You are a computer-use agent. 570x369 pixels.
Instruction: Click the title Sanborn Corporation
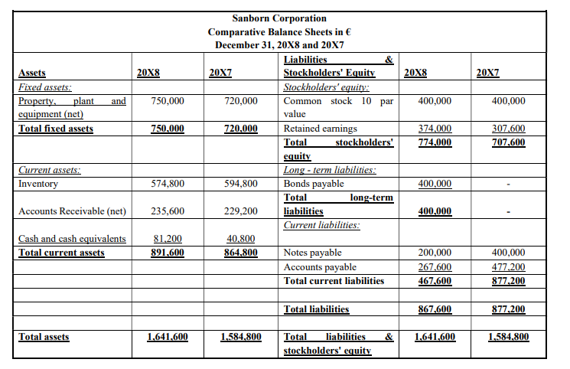coord(278,18)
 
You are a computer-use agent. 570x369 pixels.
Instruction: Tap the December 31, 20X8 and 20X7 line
coord(278,45)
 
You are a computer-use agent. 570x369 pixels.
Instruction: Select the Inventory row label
coord(38,184)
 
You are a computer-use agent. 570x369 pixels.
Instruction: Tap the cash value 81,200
coord(168,239)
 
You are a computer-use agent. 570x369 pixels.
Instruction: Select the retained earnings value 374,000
coord(435,129)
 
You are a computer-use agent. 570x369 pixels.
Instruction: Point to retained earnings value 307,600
coord(507,129)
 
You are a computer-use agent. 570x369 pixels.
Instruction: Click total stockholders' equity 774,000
coord(435,142)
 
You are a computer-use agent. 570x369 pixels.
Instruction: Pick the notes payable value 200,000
coord(435,253)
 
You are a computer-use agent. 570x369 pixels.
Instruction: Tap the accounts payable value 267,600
coord(435,266)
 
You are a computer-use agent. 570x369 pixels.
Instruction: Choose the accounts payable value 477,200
coord(507,266)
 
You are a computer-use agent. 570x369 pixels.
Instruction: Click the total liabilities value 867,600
coord(435,309)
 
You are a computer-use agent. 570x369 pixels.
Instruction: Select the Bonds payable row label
coord(314,184)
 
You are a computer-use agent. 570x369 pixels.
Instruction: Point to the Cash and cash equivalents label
coord(72,239)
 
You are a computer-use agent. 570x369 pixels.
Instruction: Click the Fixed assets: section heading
coord(45,87)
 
